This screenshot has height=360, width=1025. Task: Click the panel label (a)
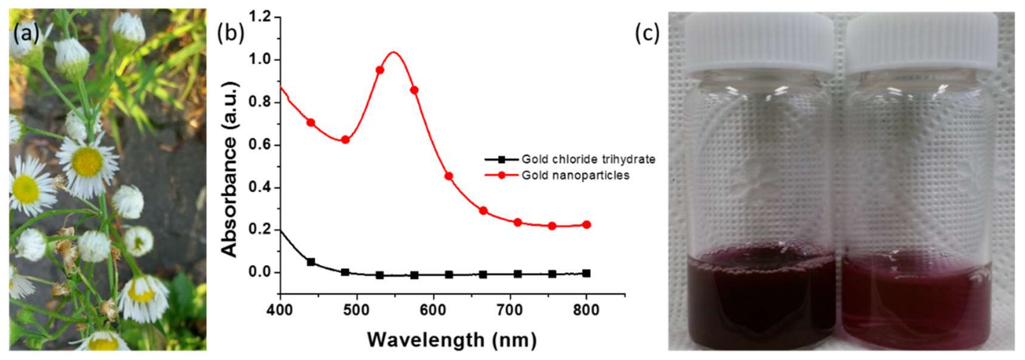click(27, 33)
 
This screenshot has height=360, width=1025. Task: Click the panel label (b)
click(230, 33)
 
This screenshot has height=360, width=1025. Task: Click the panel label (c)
click(647, 33)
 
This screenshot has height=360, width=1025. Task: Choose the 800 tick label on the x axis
click(586, 310)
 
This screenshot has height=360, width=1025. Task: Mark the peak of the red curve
click(394, 52)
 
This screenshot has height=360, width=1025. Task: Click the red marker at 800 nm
click(586, 225)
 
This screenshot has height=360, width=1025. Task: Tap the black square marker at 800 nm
click(586, 273)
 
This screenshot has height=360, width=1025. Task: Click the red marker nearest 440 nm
click(311, 123)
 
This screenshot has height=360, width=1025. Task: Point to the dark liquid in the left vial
click(760, 306)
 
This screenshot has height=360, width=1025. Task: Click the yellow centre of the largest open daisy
click(88, 161)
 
